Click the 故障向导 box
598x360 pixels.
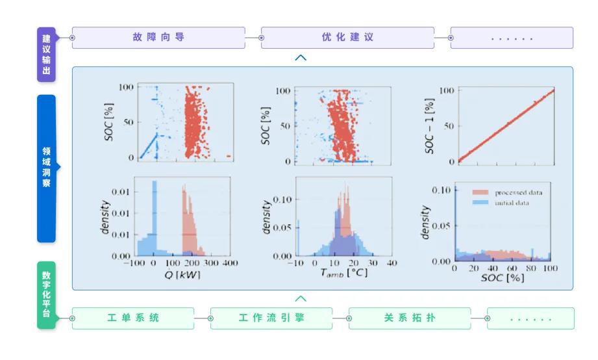tap(158, 38)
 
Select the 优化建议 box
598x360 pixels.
tap(347, 38)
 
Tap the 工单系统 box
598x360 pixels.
tap(132, 318)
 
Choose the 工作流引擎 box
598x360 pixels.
tap(271, 318)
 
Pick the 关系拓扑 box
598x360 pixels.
tap(409, 318)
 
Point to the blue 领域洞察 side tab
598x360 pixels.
tap(46, 168)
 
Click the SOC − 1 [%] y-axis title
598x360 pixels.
tap(429, 126)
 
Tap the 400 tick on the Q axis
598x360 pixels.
tap(230, 263)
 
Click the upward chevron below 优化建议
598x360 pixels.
tap(301, 58)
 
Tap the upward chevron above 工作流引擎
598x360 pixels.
tap(301, 299)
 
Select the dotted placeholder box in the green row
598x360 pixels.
tap(530, 318)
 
